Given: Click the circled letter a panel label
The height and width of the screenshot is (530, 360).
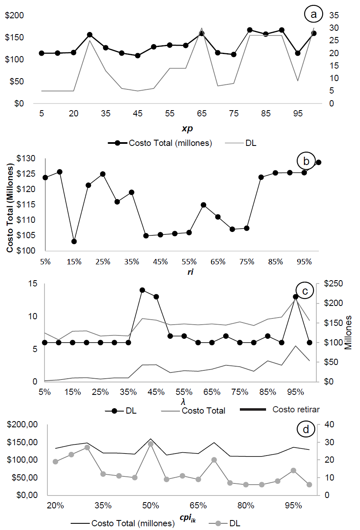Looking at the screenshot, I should tap(313, 15).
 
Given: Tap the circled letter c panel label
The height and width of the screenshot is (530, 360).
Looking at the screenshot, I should tap(304, 291).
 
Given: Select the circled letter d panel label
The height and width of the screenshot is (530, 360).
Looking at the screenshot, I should tap(306, 429).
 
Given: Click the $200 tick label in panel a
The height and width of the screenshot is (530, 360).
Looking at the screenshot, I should tap(14, 16).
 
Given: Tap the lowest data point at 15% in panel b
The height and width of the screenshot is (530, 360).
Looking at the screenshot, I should tap(74, 242).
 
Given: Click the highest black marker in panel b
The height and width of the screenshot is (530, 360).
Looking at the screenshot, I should tap(318, 163).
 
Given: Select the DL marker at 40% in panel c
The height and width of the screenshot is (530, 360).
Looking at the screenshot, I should tap(142, 290).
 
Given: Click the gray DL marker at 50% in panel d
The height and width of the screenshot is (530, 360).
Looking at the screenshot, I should tap(150, 444).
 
